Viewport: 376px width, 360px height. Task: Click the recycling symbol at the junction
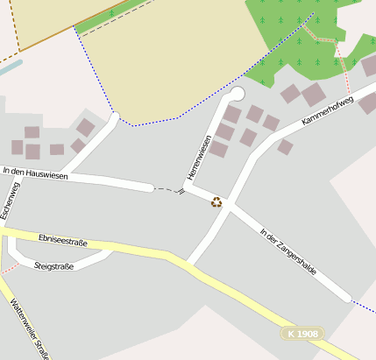pyautogui.click(x=216, y=202)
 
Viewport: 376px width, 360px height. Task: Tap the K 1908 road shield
pyautogui.click(x=303, y=334)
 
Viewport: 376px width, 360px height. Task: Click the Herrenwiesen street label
pyautogui.click(x=199, y=158)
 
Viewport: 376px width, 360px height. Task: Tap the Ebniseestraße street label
pyautogui.click(x=63, y=239)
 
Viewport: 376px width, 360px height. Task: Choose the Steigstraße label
pyautogui.click(x=54, y=265)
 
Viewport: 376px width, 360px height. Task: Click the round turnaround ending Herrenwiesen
pyautogui.click(x=237, y=93)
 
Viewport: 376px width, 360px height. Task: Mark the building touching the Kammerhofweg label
pyautogui.click(x=368, y=103)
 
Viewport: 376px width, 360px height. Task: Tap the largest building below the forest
pyautogui.click(x=314, y=95)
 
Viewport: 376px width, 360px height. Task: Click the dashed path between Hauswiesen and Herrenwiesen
pyautogui.click(x=166, y=188)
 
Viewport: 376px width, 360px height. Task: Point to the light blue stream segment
pyautogui.click(x=9, y=65)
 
